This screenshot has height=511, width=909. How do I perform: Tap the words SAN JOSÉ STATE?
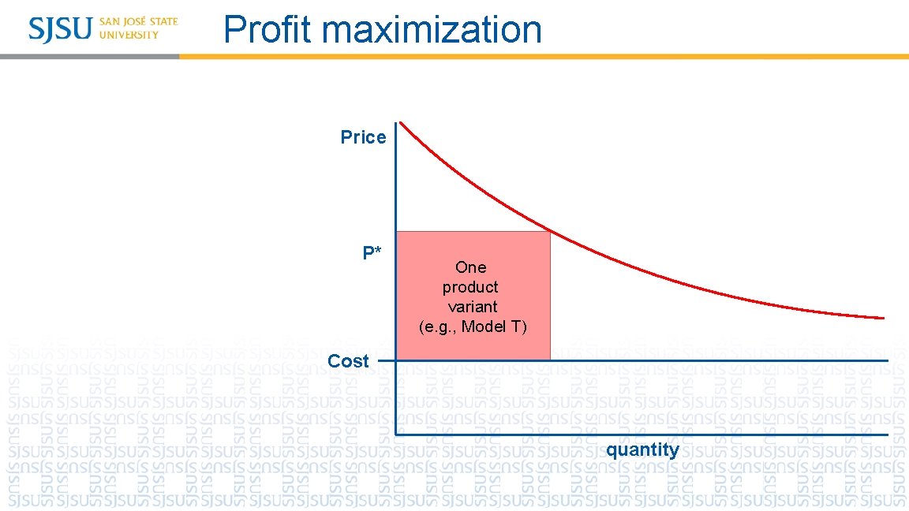point(139,21)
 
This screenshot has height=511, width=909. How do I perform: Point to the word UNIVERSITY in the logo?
point(129,35)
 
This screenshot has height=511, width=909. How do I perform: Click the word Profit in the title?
point(268,30)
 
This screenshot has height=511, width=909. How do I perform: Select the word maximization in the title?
point(432,30)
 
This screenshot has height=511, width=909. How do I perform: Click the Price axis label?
point(363,137)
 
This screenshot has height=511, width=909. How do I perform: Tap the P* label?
point(372,253)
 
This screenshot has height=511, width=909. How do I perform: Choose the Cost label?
point(348,361)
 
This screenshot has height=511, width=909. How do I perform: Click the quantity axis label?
point(642,449)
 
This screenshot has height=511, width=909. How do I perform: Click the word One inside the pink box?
point(471,267)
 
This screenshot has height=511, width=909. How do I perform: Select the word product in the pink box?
point(470,287)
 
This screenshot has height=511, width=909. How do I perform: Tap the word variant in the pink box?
point(472,307)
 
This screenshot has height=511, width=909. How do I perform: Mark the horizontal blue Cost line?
point(710,361)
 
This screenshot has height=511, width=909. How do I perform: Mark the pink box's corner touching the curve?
point(550,232)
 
